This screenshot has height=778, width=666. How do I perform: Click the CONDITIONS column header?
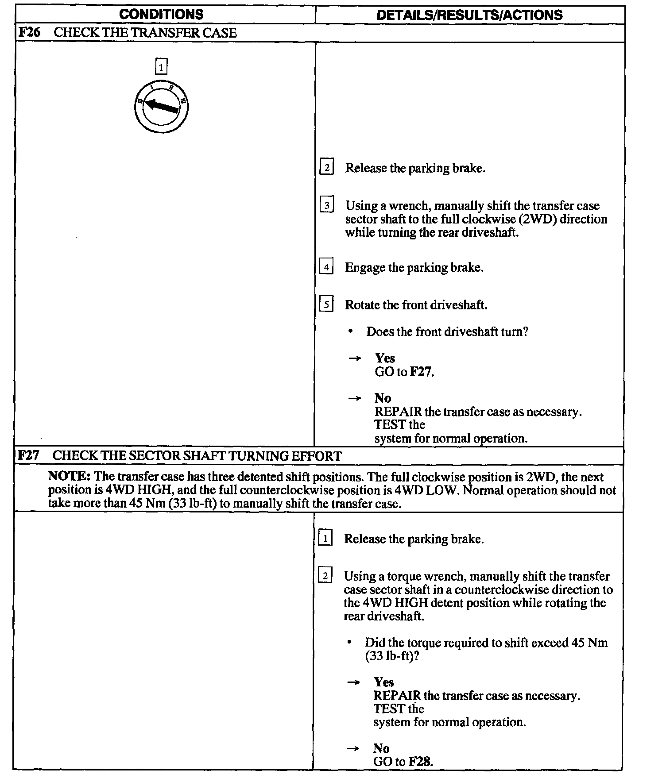(x=161, y=15)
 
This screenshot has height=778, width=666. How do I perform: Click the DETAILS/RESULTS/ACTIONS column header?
(x=469, y=15)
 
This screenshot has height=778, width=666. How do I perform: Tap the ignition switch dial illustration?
(x=161, y=107)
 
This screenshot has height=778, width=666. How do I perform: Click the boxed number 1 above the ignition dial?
(x=161, y=67)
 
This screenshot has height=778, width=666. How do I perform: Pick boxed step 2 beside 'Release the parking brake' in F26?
(x=326, y=167)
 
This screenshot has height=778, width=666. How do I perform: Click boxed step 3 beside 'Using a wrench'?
(x=326, y=205)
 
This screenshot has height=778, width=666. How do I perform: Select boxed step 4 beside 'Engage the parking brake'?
(x=326, y=267)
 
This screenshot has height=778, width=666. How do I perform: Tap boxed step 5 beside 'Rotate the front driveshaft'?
(x=326, y=304)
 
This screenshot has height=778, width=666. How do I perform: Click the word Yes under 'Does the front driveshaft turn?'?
(x=385, y=358)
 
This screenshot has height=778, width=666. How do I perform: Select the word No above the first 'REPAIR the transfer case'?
(x=382, y=398)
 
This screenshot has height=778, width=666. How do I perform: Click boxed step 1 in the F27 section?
(x=325, y=538)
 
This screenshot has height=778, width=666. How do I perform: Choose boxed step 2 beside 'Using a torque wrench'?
(x=325, y=576)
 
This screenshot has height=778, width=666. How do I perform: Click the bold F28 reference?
(x=419, y=762)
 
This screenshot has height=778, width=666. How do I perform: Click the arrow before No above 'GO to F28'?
(x=353, y=748)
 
